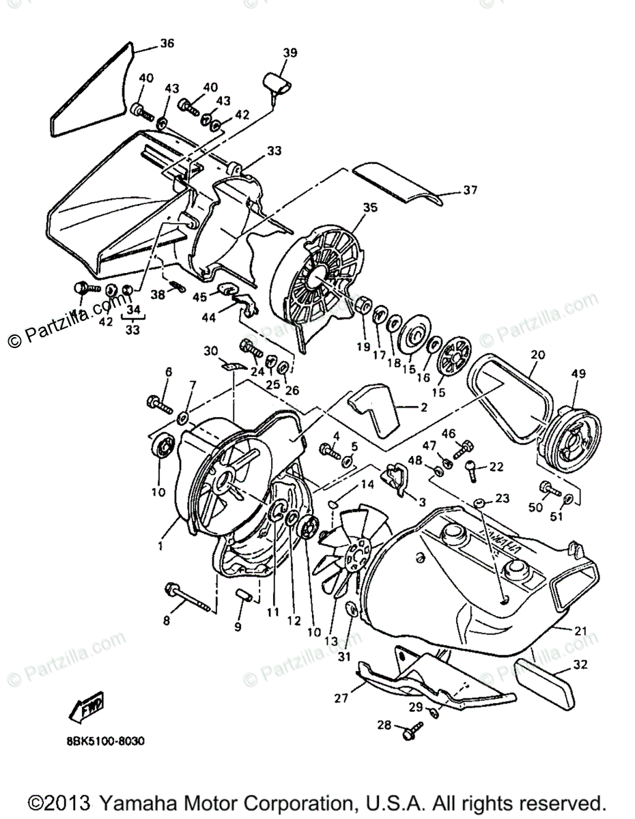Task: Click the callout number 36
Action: pos(167,44)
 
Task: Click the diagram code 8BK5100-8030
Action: pos(107,741)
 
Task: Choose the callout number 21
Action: pos(580,631)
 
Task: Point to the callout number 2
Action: pos(423,407)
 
